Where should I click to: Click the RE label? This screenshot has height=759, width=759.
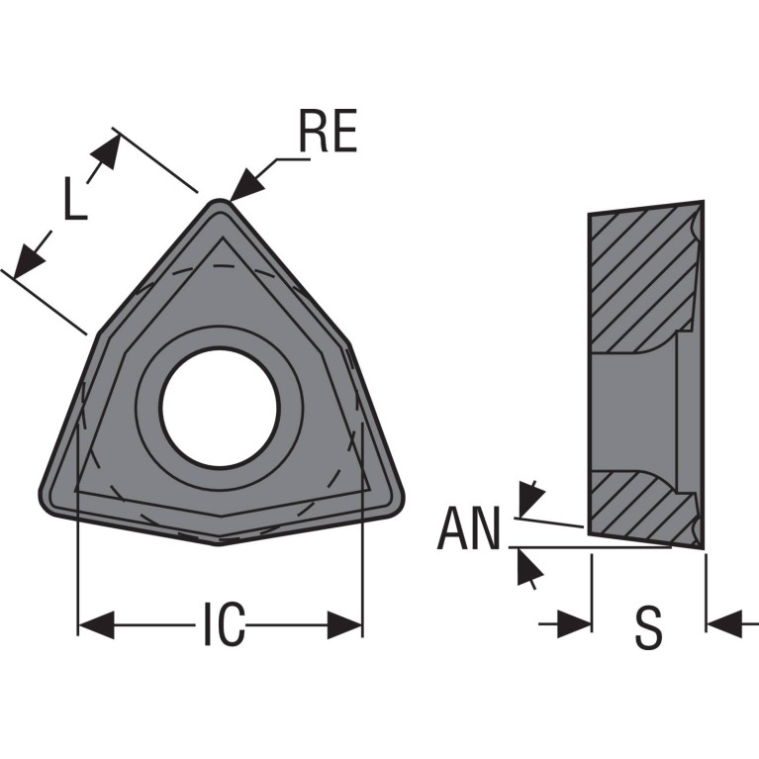click(329, 131)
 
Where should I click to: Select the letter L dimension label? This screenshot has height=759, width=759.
click(75, 198)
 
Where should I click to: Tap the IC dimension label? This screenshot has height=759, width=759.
click(224, 624)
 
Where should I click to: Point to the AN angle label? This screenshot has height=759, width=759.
click(468, 527)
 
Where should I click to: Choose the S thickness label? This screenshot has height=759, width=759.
click(648, 627)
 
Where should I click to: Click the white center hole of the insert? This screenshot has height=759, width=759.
click(220, 408)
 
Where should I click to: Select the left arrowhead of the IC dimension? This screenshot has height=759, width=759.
click(96, 625)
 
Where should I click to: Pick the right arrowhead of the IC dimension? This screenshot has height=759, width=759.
click(344, 625)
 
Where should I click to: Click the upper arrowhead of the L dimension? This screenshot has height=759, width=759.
click(106, 151)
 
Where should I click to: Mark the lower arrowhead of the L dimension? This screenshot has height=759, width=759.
click(28, 261)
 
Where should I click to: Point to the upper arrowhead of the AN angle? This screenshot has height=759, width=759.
click(530, 499)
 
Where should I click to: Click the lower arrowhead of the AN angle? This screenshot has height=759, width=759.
click(529, 569)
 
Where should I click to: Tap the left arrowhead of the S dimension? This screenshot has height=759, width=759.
click(574, 624)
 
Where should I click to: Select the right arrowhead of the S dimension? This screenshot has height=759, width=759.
click(724, 624)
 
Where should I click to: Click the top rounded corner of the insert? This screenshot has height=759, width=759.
click(220, 201)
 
